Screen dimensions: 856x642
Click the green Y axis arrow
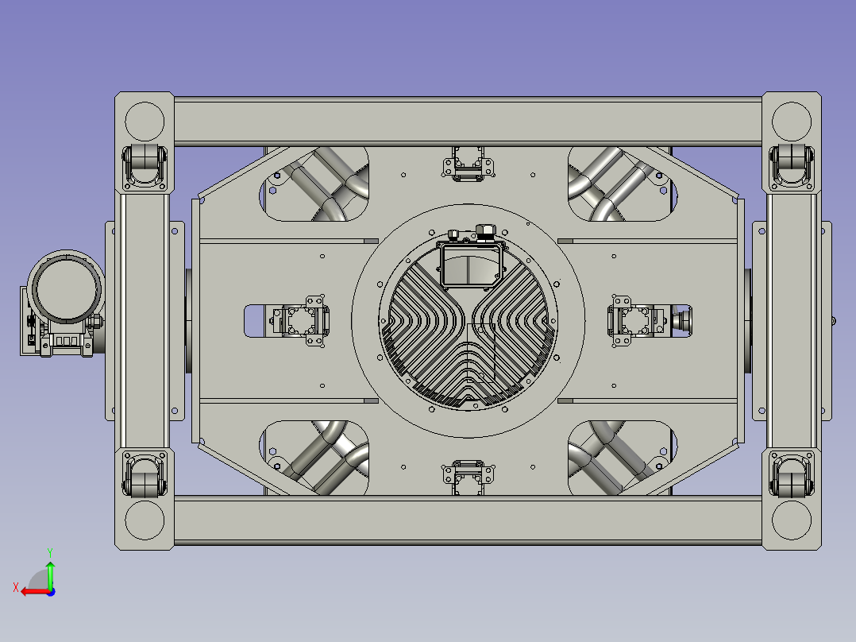[x=50, y=574]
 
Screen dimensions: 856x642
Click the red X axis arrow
[x=36, y=592]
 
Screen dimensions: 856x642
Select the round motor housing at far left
[x=67, y=288]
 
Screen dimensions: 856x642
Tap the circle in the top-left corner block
[x=145, y=122]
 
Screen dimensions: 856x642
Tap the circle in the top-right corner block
[x=792, y=122]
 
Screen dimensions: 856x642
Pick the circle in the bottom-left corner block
[x=145, y=520]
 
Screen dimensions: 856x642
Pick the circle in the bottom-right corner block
[x=792, y=520]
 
